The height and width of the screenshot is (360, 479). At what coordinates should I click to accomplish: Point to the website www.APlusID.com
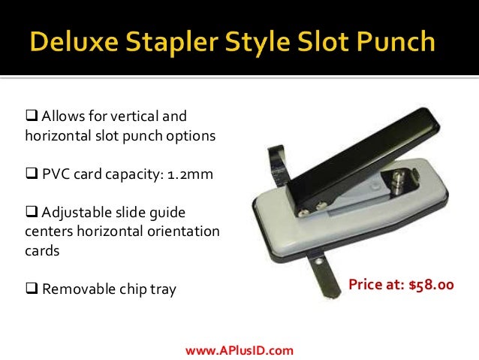(239, 349)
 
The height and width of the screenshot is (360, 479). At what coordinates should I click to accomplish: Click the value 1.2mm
(190, 175)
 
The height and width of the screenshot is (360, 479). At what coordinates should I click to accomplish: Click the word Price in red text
(368, 285)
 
